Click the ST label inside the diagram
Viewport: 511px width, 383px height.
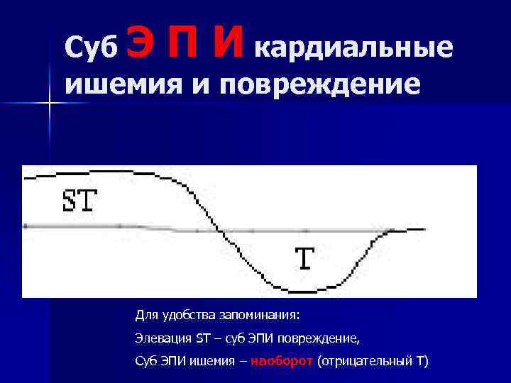point(79,201)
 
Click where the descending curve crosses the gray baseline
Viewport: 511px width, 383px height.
point(220,230)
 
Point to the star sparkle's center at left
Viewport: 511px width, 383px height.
point(50,104)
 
